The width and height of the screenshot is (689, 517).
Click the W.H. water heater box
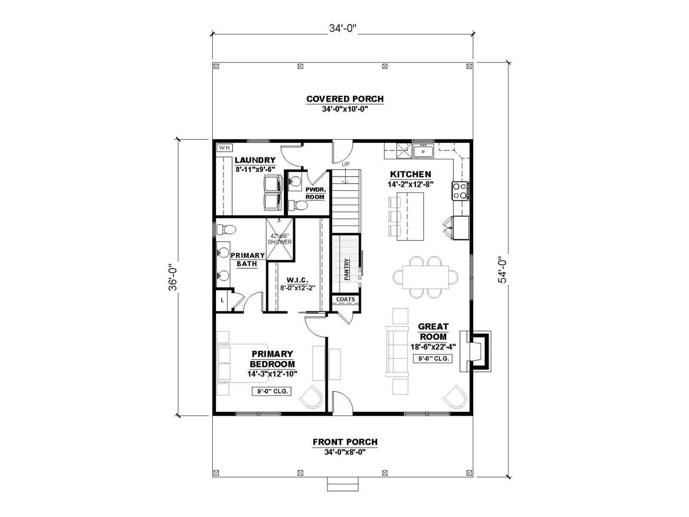[224, 147]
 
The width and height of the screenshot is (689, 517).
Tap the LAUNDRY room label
[255, 160]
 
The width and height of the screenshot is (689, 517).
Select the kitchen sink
[423, 151]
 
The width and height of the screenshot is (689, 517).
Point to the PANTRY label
[347, 269]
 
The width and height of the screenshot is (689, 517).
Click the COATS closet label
[345, 299]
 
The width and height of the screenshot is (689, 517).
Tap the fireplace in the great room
[475, 351]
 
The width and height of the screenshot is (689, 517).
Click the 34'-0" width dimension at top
[343, 28]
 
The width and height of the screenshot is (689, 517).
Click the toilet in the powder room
[297, 206]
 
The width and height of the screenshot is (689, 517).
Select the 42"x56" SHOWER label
[279, 239]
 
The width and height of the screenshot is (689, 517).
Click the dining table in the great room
[425, 277]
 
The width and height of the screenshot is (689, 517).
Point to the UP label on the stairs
[345, 164]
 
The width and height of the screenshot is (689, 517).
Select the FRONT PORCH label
[345, 442]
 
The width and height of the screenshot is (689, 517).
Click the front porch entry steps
[343, 484]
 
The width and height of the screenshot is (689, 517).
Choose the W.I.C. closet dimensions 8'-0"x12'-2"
[297, 287]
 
